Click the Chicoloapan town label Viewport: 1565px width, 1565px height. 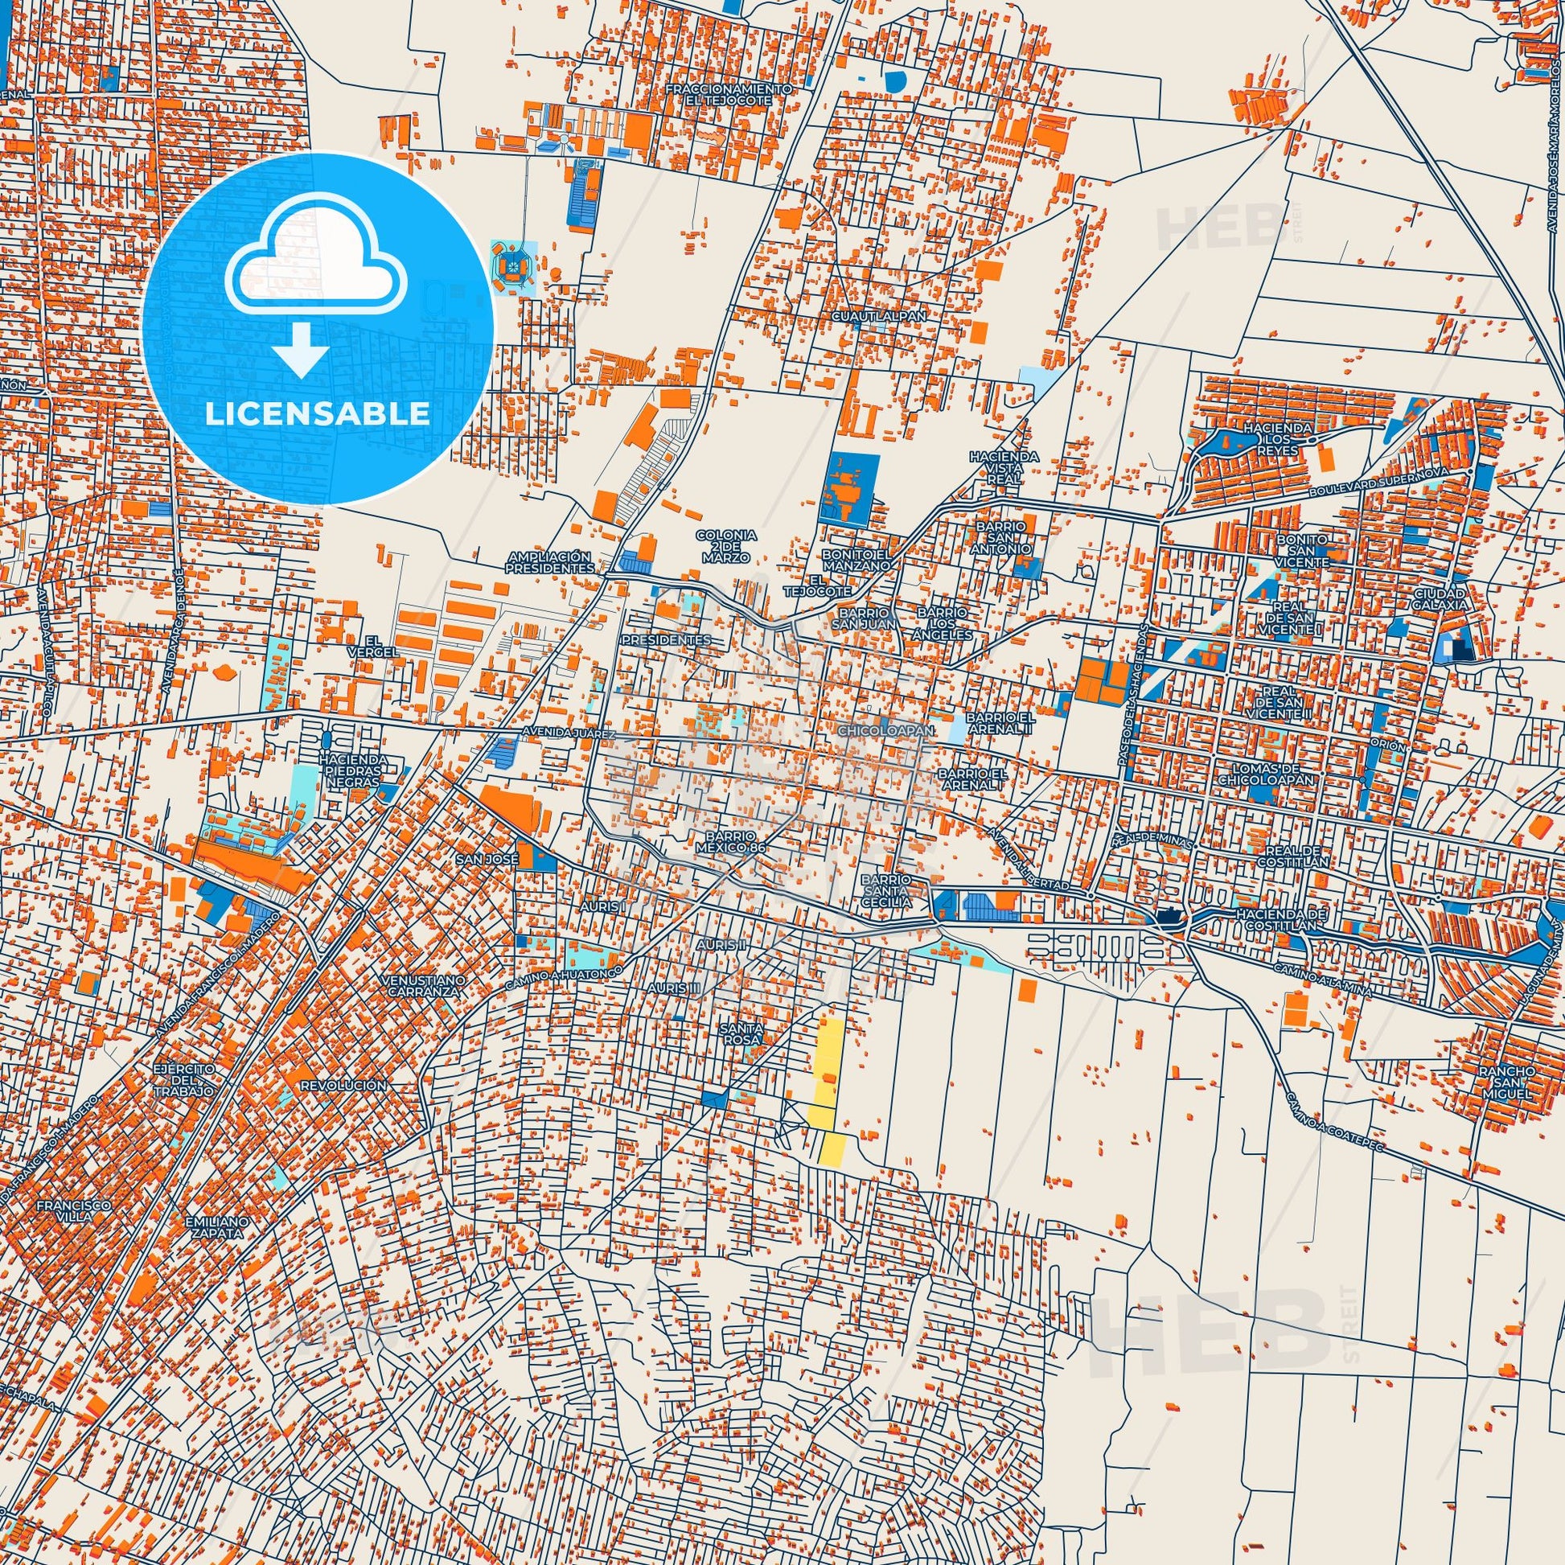click(x=888, y=731)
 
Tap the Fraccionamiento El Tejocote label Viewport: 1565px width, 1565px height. click(x=727, y=93)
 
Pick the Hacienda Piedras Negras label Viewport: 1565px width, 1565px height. click(x=349, y=771)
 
